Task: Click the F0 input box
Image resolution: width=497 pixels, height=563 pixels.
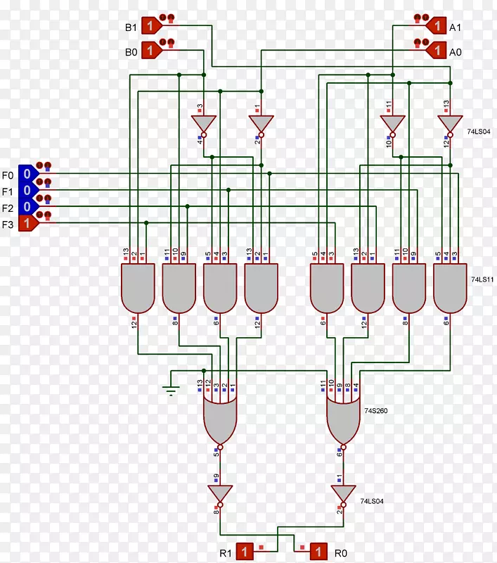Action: pyautogui.click(x=27, y=173)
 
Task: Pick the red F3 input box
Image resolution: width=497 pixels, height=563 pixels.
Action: pyautogui.click(x=27, y=224)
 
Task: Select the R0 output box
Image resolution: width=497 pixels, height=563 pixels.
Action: pyautogui.click(x=317, y=550)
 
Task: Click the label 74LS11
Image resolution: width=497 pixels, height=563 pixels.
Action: pyautogui.click(x=482, y=279)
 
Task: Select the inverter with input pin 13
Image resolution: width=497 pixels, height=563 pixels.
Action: pyautogui.click(x=450, y=124)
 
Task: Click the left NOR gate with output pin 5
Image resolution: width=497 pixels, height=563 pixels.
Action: pyautogui.click(x=220, y=419)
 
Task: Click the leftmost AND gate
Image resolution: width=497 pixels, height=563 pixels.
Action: pyautogui.click(x=138, y=287)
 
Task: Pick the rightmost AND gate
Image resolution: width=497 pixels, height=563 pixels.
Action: pyautogui.click(x=450, y=287)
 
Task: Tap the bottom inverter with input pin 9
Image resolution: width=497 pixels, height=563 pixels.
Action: pyautogui.click(x=219, y=493)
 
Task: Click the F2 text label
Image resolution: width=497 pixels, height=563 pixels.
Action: pyautogui.click(x=8, y=208)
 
